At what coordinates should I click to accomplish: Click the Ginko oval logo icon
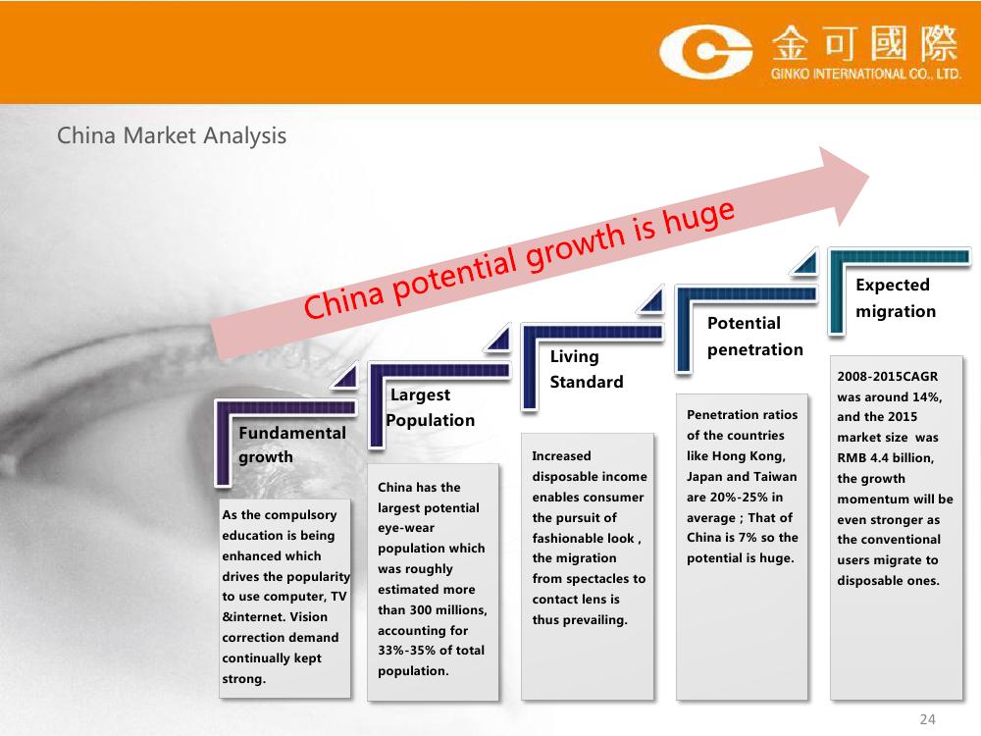tap(705, 52)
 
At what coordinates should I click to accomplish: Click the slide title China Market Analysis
tap(172, 135)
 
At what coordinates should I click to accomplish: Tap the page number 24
tap(927, 719)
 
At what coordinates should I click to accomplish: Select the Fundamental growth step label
tap(292, 445)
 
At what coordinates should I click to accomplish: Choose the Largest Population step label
tap(431, 407)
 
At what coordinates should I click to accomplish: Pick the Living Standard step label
tap(587, 369)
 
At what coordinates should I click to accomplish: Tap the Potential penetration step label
tap(755, 336)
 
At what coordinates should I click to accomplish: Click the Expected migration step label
tap(896, 298)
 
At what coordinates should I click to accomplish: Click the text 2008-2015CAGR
tap(887, 376)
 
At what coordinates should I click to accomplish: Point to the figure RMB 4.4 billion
tap(885, 457)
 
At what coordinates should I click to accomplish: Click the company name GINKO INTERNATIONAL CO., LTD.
tap(866, 74)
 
